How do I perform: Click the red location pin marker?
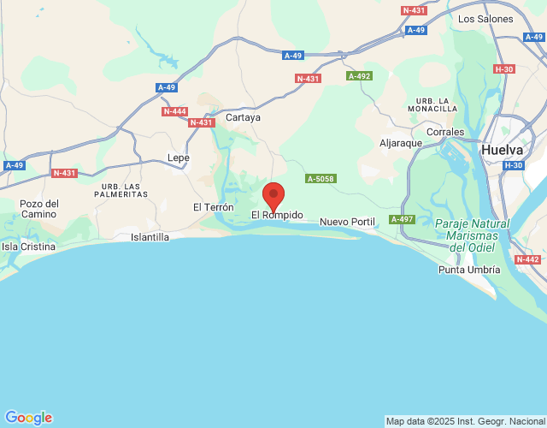pos(273,197)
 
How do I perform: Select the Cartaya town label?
pos(243,117)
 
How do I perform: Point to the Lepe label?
pos(179,158)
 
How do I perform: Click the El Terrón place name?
pos(213,207)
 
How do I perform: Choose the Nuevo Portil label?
pos(347,222)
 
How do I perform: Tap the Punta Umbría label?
pos(468,270)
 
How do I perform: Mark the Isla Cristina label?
pos(28,247)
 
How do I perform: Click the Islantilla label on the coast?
pos(150,237)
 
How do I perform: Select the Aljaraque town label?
pos(401,143)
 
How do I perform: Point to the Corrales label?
pos(444,133)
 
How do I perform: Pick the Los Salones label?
pos(485,18)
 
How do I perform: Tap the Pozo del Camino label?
pos(39,209)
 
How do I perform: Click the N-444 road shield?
pos(174,111)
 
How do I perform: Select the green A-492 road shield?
pos(359,76)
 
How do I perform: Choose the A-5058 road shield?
pos(321,178)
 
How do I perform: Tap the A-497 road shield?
pos(402,220)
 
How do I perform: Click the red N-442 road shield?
pos(527,259)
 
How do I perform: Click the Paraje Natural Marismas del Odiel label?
pos(472,235)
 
